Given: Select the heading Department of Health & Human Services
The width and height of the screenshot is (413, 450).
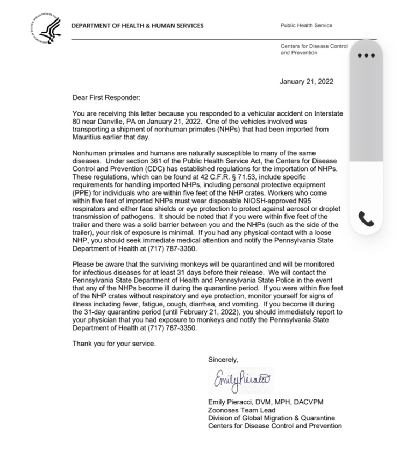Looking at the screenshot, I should pyautogui.click(x=138, y=26).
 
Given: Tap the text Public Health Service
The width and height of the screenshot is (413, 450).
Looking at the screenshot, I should pyautogui.click(x=307, y=26).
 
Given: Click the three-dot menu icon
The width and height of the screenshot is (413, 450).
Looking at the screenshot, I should pyautogui.click(x=366, y=55).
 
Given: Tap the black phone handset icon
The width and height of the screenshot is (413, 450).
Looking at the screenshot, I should pyautogui.click(x=366, y=219).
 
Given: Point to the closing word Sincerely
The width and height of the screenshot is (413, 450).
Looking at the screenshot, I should pyautogui.click(x=223, y=360).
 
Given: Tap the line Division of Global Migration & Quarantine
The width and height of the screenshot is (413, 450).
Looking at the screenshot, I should pyautogui.click(x=271, y=418).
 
